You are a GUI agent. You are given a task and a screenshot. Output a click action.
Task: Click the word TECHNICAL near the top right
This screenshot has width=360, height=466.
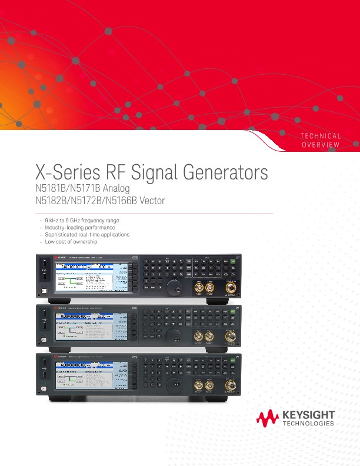321,137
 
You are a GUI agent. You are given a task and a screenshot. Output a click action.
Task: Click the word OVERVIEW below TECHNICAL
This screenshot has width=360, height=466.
321,145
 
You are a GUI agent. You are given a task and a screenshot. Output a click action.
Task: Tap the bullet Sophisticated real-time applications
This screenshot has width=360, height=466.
86,235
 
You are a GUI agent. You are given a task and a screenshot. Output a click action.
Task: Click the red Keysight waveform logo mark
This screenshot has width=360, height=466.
268,418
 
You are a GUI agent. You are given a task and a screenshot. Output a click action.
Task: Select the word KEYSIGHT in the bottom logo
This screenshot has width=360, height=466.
308,415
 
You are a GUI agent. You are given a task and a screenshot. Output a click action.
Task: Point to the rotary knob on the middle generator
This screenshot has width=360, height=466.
174,335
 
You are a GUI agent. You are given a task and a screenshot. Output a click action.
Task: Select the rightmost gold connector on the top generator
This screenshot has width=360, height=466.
231,288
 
